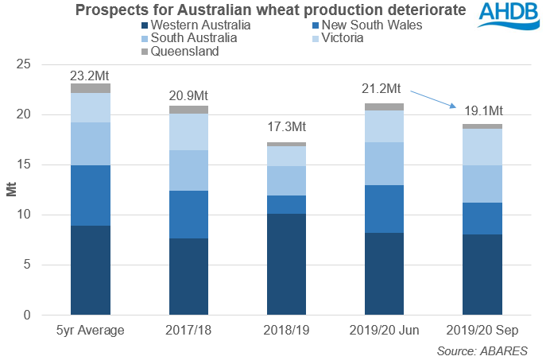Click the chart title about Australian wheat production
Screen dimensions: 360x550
(270, 10)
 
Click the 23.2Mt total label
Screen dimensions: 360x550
(90, 75)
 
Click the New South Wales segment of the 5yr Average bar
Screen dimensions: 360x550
(90, 195)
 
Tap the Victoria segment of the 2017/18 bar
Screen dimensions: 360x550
(188, 132)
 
